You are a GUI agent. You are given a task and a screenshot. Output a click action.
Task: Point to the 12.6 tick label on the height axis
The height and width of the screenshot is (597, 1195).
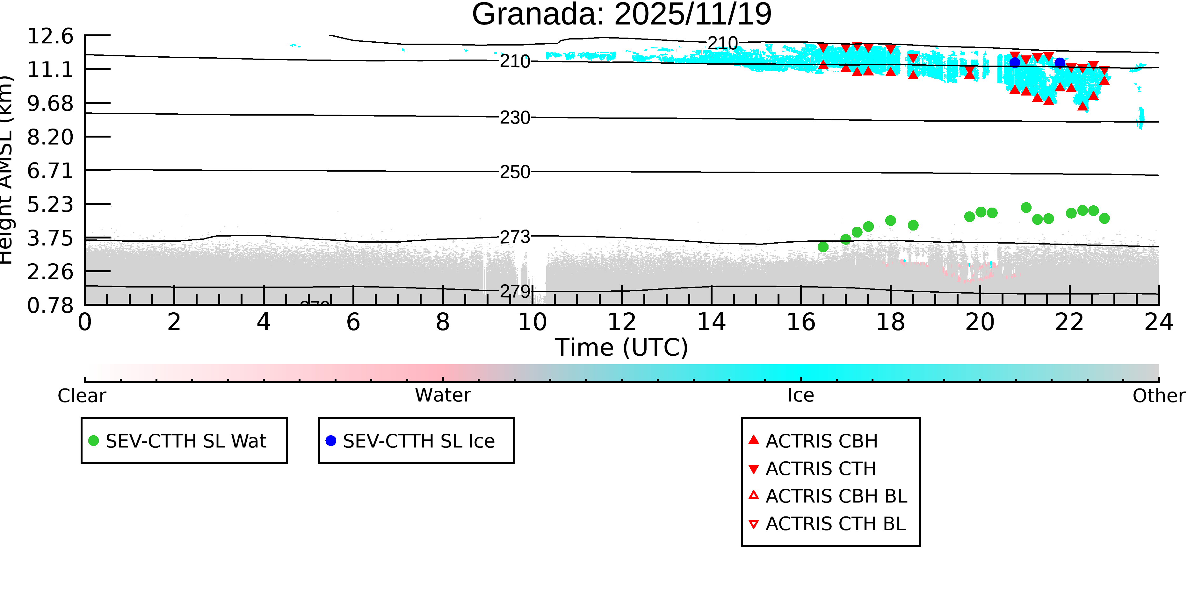point(50,36)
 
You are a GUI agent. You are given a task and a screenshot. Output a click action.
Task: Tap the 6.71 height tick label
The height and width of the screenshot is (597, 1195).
point(50,171)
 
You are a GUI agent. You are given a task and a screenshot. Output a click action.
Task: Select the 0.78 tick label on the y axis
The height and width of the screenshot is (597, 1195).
point(50,305)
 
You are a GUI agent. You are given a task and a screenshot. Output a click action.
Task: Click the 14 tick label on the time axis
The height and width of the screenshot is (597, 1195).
point(711,322)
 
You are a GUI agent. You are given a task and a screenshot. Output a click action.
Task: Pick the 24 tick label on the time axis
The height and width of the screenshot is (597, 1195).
point(1158,322)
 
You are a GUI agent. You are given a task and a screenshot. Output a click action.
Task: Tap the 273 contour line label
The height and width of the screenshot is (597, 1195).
point(515,237)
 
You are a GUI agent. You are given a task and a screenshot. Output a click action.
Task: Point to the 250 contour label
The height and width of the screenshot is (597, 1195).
point(515,172)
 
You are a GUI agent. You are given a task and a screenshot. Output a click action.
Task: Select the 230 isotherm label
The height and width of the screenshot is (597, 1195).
point(515,118)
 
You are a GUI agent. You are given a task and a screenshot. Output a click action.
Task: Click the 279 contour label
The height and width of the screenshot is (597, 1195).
point(515,291)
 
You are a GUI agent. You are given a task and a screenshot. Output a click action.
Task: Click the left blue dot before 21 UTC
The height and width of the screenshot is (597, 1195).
point(1015,62)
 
